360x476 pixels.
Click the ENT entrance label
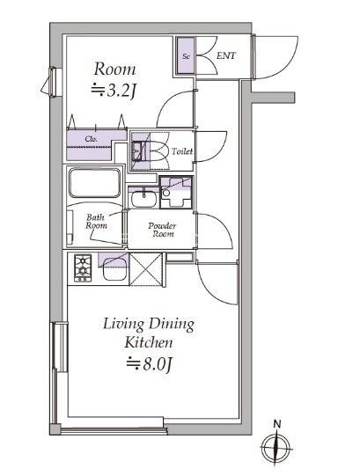225,55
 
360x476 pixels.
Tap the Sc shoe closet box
186,55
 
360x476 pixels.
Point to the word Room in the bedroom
114,69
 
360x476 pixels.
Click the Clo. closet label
92,139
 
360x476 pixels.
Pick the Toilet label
182,151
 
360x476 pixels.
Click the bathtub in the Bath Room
94,183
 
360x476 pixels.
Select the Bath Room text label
96,222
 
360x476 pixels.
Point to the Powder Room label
162,230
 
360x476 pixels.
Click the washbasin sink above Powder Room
143,199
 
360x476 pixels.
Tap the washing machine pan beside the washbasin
176,193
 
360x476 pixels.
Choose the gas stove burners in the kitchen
83,268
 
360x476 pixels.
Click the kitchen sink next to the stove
114,270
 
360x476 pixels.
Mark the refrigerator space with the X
146,269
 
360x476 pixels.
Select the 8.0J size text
150,364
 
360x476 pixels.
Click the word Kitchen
148,343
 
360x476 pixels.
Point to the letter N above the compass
276,424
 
